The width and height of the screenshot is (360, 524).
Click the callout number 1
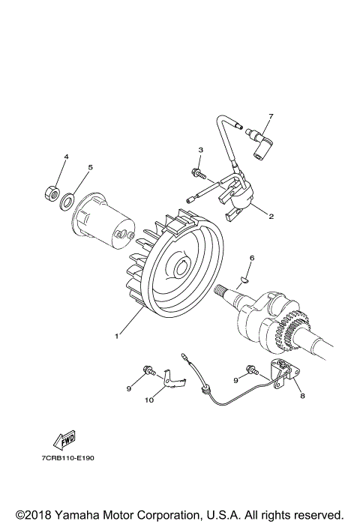click(116, 336)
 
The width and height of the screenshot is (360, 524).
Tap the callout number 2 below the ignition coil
click(271, 217)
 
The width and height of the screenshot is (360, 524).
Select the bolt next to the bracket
click(253, 369)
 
